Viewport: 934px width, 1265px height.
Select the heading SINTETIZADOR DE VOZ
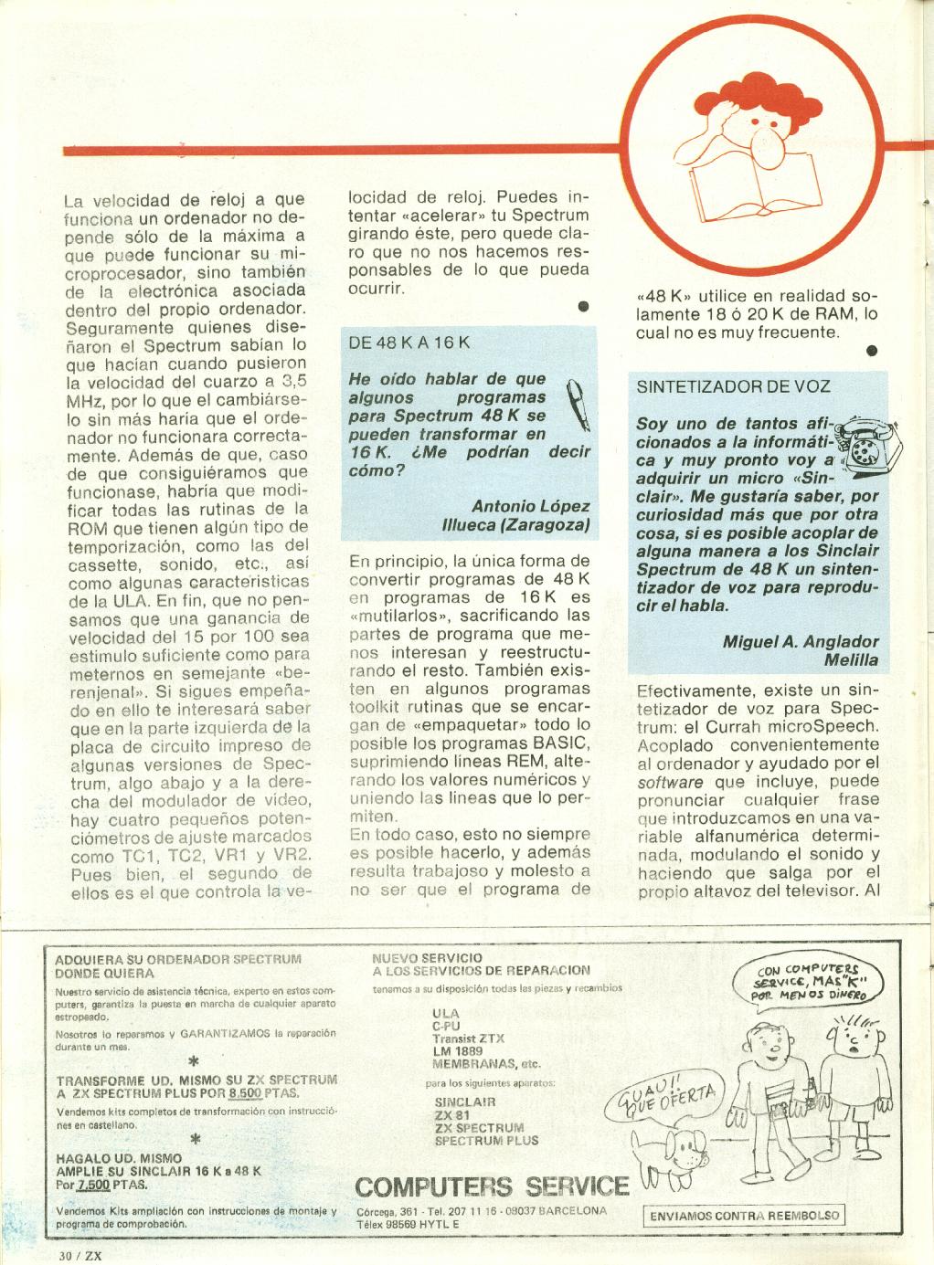(733, 385)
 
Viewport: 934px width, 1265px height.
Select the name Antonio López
(530, 506)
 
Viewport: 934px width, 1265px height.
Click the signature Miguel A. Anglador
(801, 641)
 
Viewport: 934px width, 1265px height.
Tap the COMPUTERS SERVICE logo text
(491, 1186)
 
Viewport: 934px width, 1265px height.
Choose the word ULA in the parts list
(445, 1014)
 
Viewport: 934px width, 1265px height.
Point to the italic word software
(670, 782)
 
